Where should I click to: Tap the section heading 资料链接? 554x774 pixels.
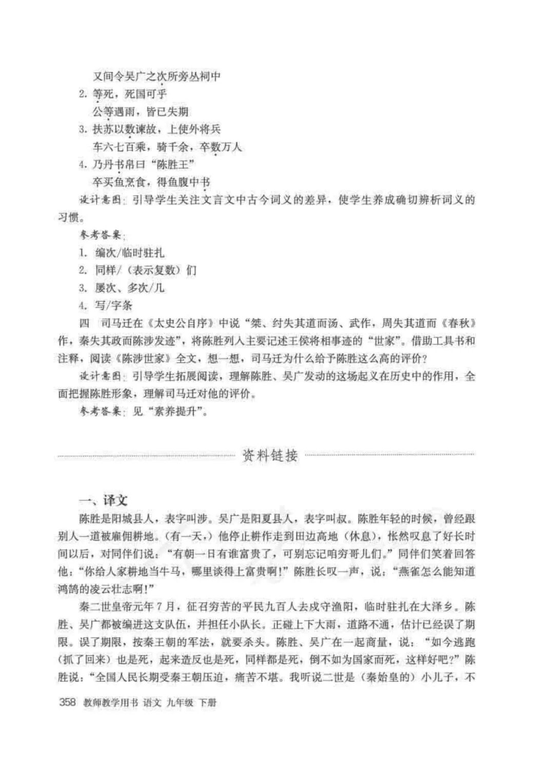pos(270,455)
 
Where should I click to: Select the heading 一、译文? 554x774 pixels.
pos(103,500)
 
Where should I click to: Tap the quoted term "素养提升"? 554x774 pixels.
pos(169,411)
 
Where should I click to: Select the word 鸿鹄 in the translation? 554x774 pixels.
pos(69,589)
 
